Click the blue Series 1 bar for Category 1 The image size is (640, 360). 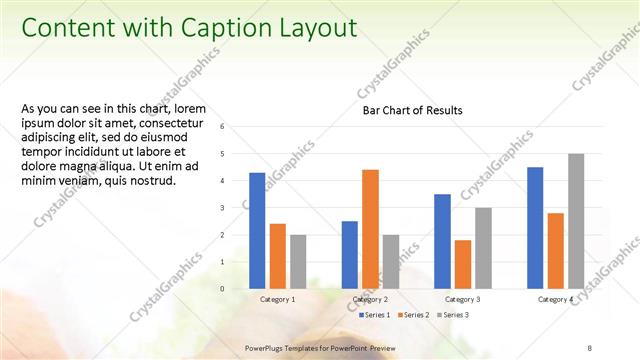tap(257, 231)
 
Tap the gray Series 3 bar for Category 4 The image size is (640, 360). tap(576, 221)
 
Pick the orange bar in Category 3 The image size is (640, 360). tap(463, 264)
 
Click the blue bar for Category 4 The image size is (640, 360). tap(535, 228)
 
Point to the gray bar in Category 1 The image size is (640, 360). tap(298, 262)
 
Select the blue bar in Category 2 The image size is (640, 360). tap(350, 255)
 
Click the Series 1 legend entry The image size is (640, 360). tap(375, 315)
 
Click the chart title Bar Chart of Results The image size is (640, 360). tap(412, 111)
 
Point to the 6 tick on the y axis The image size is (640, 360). tap(236, 127)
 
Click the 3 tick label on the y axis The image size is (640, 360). tap(236, 208)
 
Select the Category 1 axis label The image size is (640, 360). tap(277, 299)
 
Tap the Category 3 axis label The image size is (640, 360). tap(463, 299)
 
